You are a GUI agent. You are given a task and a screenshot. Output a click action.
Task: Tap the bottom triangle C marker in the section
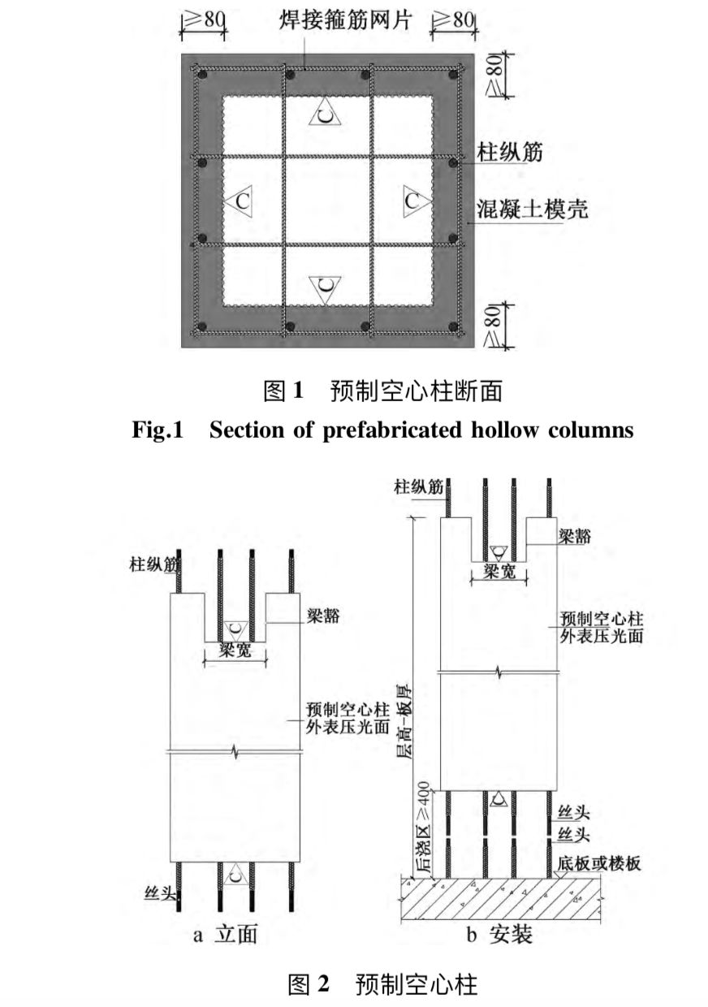coord(325,287)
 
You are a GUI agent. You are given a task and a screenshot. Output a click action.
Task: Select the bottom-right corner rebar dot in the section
coord(454,327)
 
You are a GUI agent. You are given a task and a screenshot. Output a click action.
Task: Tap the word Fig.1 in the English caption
coord(158,430)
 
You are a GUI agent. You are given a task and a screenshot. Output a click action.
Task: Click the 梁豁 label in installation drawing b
coord(574,534)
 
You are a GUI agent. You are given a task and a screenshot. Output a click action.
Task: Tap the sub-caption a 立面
coord(226,934)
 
